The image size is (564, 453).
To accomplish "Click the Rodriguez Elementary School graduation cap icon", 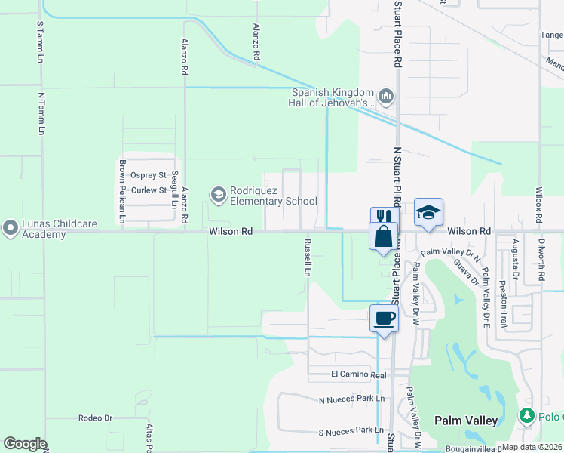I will pos(219,196).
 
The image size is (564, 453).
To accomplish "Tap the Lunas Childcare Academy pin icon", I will pos(11,227).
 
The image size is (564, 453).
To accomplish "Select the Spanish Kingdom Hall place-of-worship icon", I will pos(386,96).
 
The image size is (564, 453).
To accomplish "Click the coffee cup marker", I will pos(384,318).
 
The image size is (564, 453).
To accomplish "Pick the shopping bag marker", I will pos(384,236).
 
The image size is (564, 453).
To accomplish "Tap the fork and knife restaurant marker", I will pos(384,218).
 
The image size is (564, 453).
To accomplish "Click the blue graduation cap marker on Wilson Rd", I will pos(428,212).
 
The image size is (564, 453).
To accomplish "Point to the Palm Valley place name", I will pos(466,420).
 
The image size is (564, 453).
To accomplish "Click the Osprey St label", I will pos(148,175).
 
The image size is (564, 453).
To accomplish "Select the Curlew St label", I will pos(148,190).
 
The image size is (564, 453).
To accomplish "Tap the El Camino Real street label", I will pos(358,374).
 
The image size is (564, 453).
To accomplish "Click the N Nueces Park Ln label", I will pos(351,399).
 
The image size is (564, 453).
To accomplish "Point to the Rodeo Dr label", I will pos(95,418).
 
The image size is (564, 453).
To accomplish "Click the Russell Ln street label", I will pos(308,257).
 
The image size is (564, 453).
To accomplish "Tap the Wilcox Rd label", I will pos(539,204).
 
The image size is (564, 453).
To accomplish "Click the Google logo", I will pos(24,443).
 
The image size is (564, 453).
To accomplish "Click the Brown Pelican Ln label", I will pos(121,193).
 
